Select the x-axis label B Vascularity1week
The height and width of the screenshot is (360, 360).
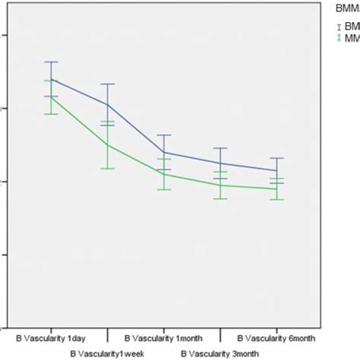(x=106, y=353)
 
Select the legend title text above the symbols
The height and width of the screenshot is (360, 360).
(x=346, y=9)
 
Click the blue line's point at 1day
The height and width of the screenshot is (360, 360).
(x=51, y=79)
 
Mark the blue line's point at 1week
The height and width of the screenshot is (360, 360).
(x=108, y=105)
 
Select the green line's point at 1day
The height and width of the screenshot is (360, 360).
(x=51, y=97)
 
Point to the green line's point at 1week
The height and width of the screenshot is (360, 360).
(x=108, y=144)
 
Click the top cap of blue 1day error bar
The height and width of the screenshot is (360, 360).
(x=51, y=62)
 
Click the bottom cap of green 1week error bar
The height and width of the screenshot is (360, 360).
(x=108, y=168)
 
